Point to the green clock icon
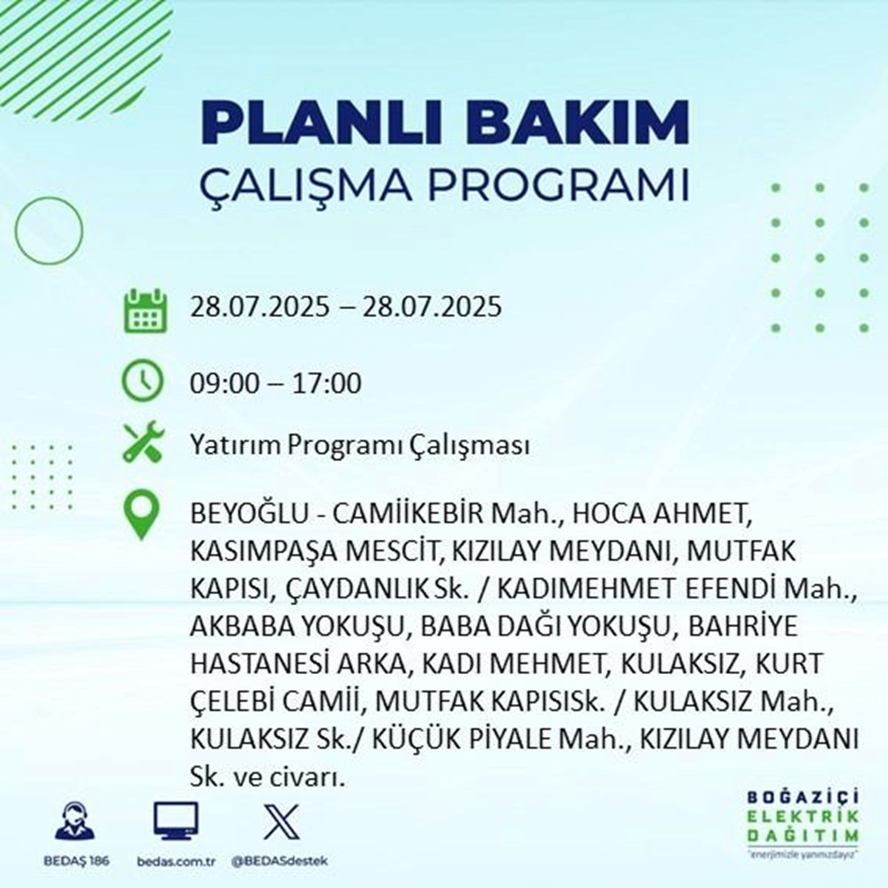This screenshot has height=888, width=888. tap(144, 384)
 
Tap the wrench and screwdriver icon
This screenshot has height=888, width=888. tap(144, 444)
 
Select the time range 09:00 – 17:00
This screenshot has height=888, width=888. tap(275, 385)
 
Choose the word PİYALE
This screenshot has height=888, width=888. tap(548, 738)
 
